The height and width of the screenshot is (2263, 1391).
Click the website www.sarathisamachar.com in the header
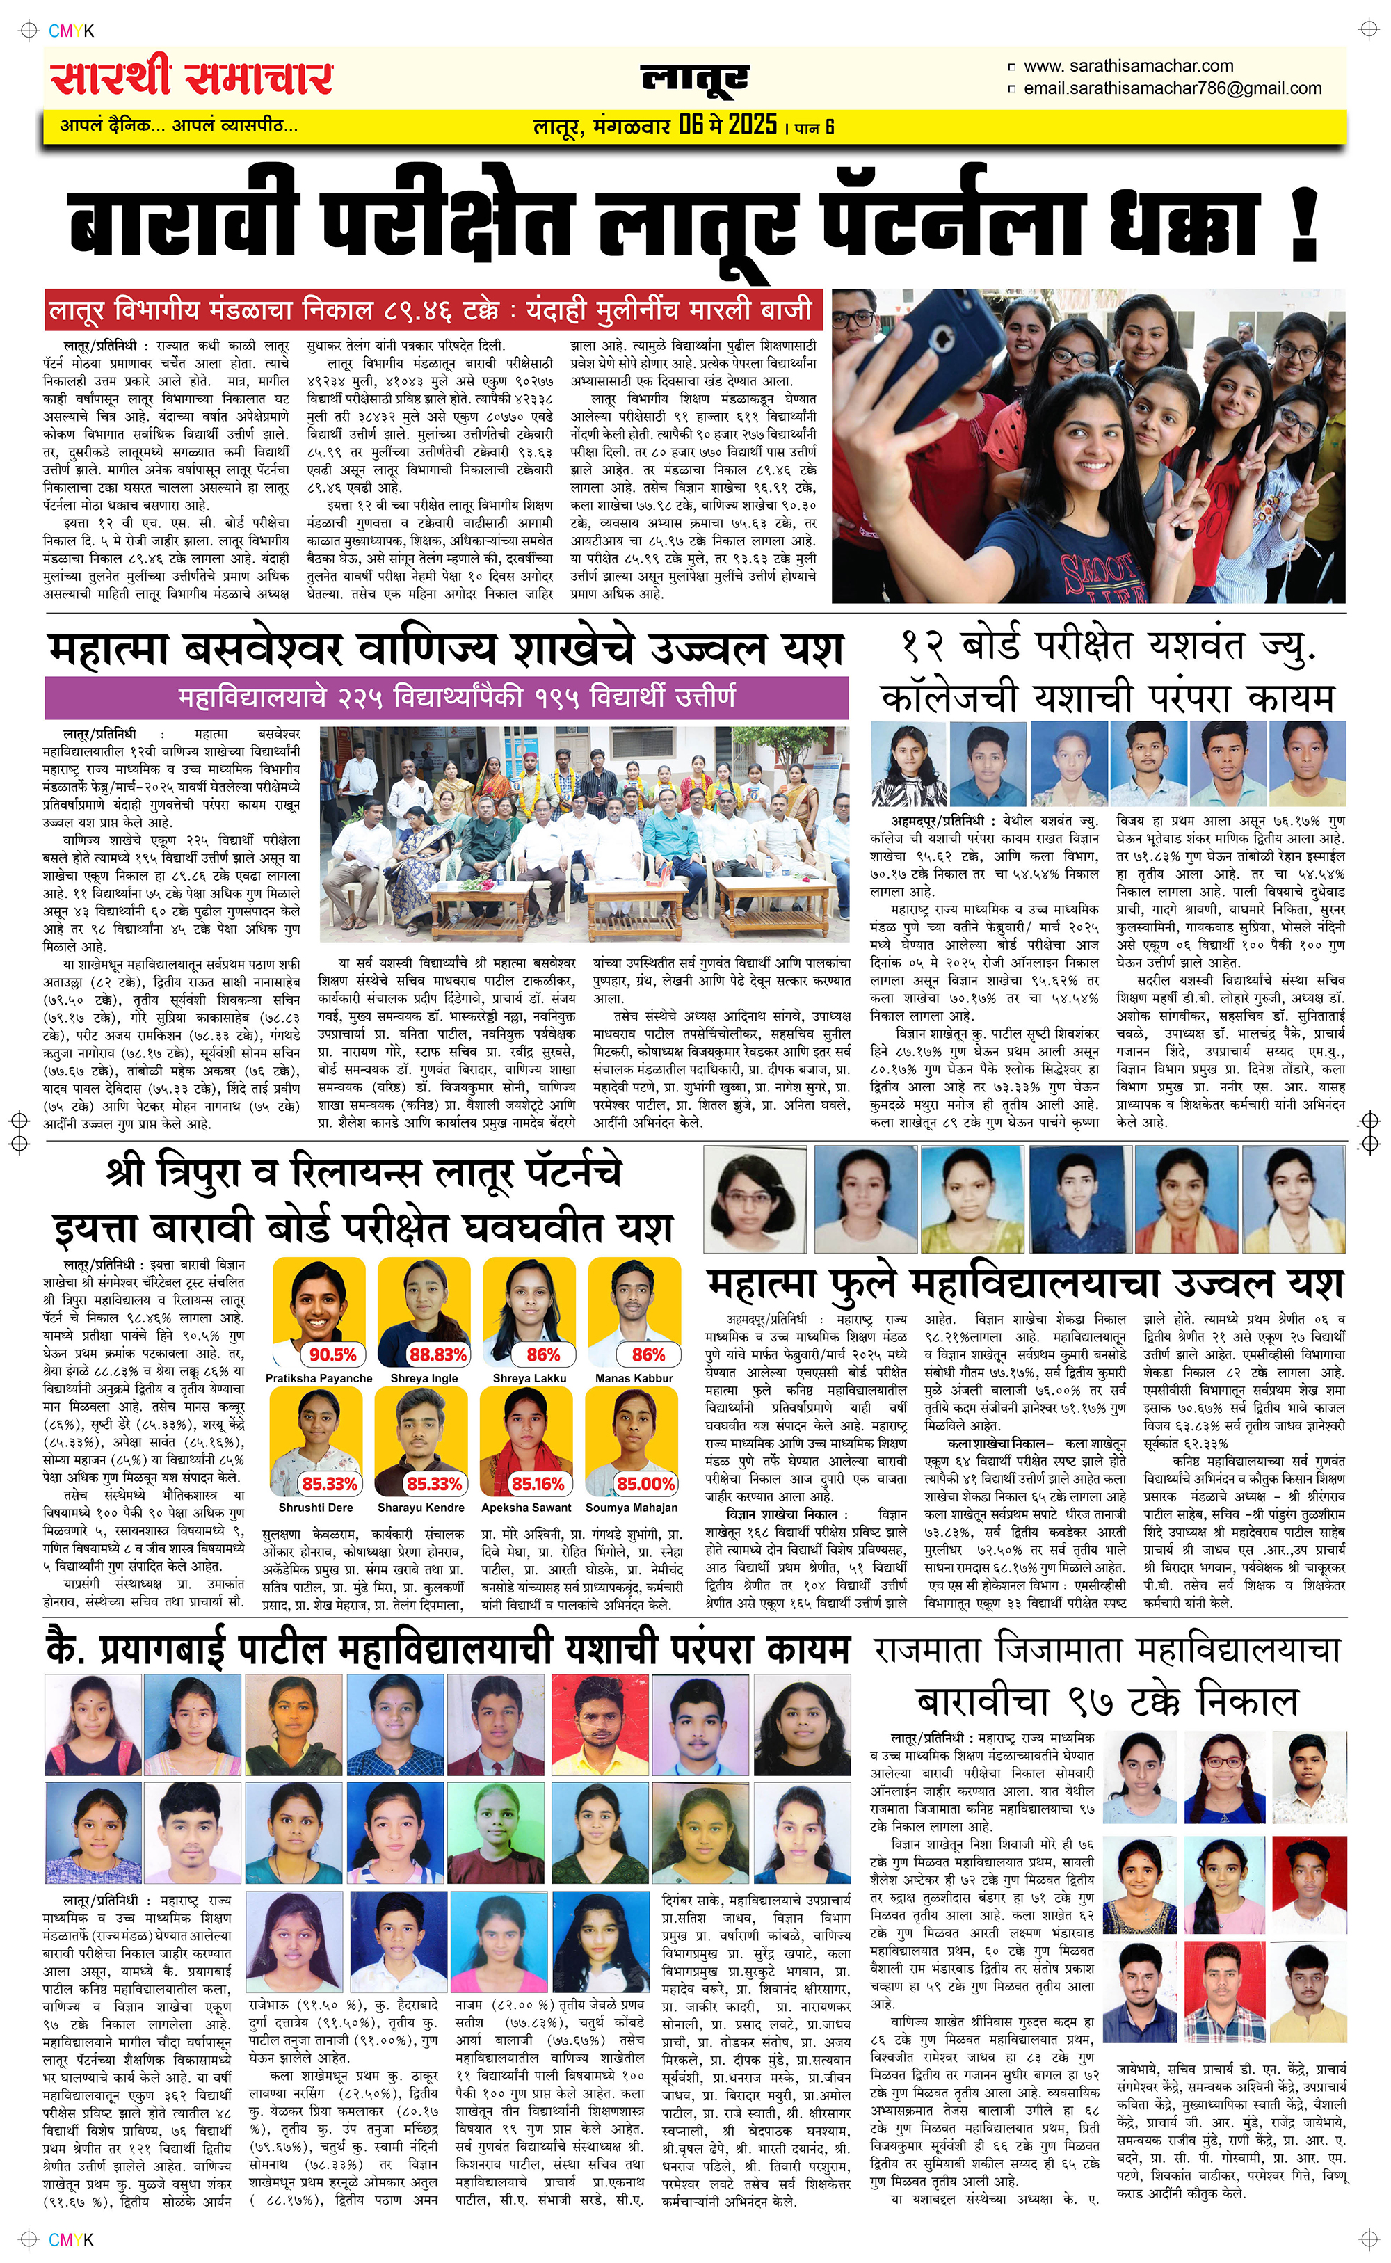tap(1128, 66)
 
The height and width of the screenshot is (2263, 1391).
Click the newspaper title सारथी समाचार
tap(191, 78)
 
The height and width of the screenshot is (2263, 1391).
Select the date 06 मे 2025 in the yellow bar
tap(727, 125)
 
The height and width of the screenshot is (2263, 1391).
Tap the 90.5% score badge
tap(332, 1354)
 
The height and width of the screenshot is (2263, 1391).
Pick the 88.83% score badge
tap(437, 1354)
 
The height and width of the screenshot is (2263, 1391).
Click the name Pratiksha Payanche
tap(319, 1378)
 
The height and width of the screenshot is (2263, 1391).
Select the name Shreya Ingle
tap(424, 1378)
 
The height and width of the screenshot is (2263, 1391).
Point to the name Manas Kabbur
tap(634, 1378)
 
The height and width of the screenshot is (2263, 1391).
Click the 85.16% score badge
tap(538, 1484)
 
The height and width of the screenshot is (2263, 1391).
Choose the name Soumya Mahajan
tap(631, 1508)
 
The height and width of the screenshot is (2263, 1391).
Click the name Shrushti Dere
tap(316, 1508)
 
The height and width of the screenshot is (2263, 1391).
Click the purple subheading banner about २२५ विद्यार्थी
tap(447, 697)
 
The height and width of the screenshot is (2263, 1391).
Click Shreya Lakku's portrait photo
tap(529, 1304)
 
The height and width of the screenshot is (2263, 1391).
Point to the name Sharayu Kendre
tap(420, 1508)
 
